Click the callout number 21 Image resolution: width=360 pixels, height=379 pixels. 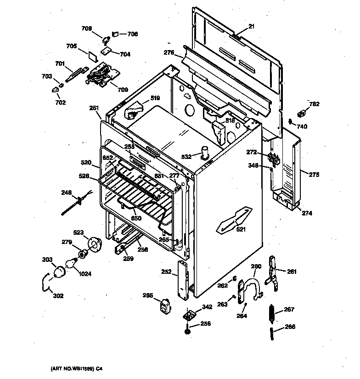click(x=251, y=27)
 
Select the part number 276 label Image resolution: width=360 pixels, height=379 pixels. click(x=169, y=53)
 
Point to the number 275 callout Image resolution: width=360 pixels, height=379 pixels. click(x=314, y=175)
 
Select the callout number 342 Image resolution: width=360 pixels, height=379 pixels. click(x=207, y=307)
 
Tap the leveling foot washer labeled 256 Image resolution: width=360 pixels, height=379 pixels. click(x=188, y=330)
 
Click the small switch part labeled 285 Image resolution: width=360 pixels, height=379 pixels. click(x=163, y=305)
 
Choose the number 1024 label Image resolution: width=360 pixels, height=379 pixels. click(x=84, y=274)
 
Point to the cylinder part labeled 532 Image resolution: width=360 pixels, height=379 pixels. click(x=205, y=153)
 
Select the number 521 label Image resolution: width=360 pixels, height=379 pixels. click(x=241, y=229)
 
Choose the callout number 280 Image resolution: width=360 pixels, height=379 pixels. click(x=256, y=266)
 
